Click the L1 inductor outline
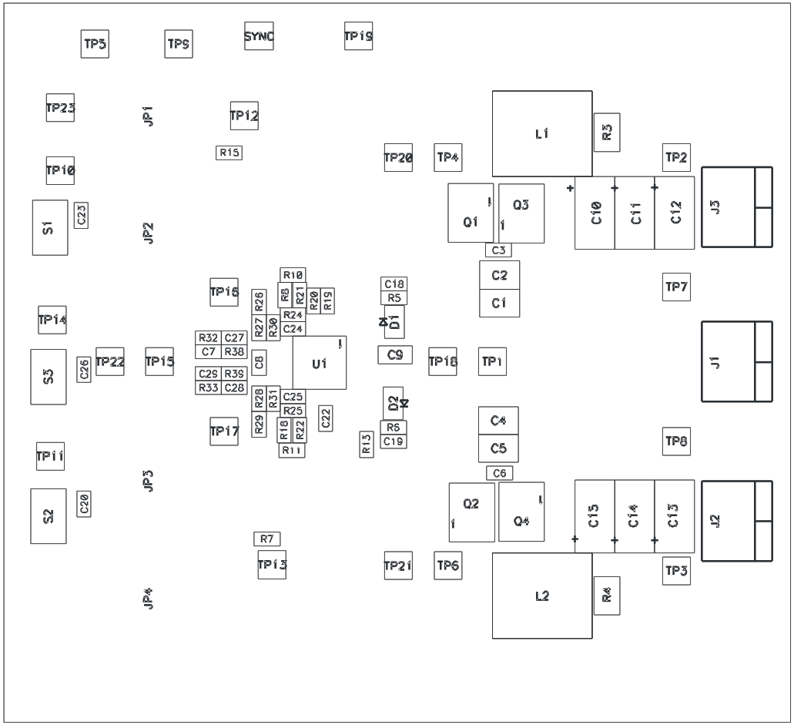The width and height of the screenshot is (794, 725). pos(542,134)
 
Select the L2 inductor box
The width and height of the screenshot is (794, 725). pos(542,596)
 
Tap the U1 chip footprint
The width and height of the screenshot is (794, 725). pos(320,363)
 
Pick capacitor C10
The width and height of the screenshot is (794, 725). pos(595,213)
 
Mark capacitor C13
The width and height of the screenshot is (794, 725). pos(674,516)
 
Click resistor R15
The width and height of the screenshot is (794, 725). pos(229,153)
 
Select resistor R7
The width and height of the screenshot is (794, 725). pos(267,539)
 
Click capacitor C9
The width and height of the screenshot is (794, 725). pos(395,354)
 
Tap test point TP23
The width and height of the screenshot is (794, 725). pos(60,108)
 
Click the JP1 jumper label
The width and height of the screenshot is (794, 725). pos(149,116)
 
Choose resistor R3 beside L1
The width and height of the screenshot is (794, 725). pos(607,132)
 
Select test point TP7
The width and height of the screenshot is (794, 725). pos(676,287)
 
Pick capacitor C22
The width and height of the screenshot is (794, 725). pos(327,418)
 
